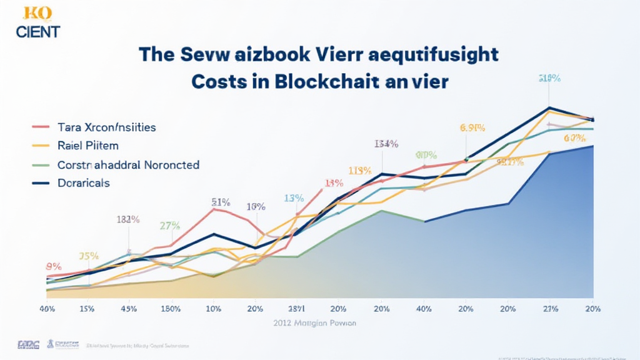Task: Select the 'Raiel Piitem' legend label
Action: [x=87, y=146]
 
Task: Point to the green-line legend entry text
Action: [x=128, y=165]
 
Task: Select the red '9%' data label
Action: [x=53, y=266]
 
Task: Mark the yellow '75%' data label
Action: [x=89, y=256]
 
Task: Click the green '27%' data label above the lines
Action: [x=170, y=226]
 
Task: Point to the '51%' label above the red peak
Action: [x=221, y=202]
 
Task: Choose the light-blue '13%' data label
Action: [x=294, y=198]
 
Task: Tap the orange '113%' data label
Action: [x=361, y=170]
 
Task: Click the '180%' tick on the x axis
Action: [x=171, y=309]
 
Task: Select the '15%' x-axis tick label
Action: [x=87, y=309]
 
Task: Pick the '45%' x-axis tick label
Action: [x=129, y=309]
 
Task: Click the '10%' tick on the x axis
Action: [x=213, y=309]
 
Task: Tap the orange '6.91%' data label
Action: [x=472, y=128]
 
